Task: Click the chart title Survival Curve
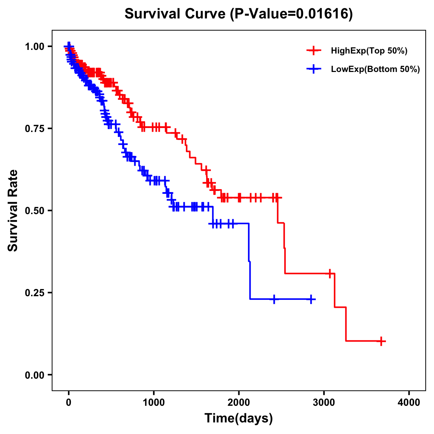pos(176,14)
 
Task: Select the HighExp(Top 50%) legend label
pos(369,51)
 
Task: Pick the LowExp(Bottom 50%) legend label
pos(375,69)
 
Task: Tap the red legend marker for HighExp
pos(314,51)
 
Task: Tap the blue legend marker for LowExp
pos(314,69)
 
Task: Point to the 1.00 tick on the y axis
pos(35,47)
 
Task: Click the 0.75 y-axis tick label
pos(35,129)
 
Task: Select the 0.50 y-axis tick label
pos(35,211)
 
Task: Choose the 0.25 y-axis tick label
pos(35,293)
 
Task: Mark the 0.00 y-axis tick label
pos(35,375)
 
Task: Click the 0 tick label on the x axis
pos(69,403)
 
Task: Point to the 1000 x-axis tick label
pos(154,403)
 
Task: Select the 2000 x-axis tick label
pos(239,403)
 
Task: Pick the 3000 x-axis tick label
pos(324,403)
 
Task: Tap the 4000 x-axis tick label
pos(409,403)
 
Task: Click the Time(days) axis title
pos(239,418)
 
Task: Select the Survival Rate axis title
pos(13,210)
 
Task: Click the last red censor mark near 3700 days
pos(381,341)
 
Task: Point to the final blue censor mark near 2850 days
pos(311,299)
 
